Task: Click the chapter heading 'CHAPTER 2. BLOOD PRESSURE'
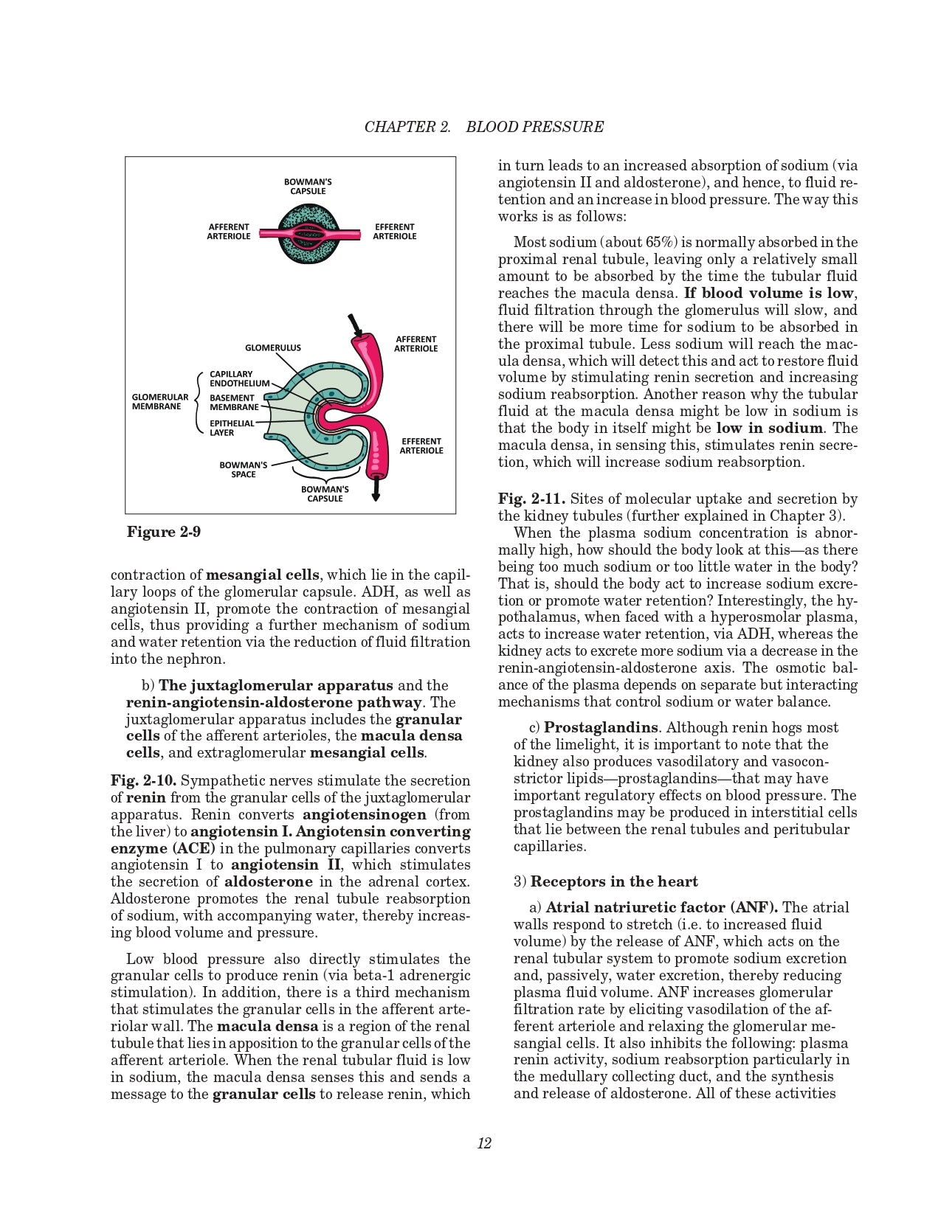(x=483, y=127)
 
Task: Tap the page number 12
(x=484, y=1143)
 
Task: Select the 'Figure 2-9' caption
(x=164, y=532)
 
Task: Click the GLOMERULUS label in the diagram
(x=272, y=347)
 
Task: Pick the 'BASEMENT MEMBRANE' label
(x=233, y=402)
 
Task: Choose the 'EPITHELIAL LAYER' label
(x=231, y=428)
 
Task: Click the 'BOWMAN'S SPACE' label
(x=243, y=470)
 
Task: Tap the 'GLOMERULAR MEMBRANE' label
(x=160, y=401)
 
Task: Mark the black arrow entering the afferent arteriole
(x=354, y=325)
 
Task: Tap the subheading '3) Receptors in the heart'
(x=606, y=881)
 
